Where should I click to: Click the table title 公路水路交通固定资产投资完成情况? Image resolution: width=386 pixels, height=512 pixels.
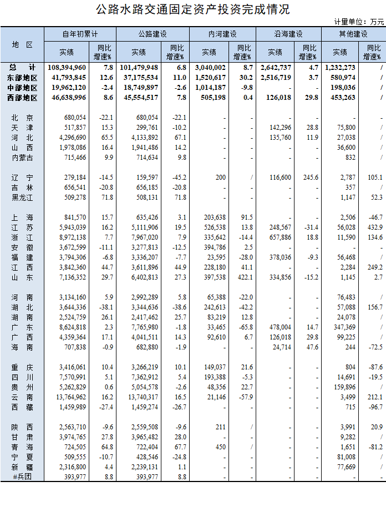point(192,9)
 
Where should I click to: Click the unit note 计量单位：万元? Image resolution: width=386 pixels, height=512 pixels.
point(359,22)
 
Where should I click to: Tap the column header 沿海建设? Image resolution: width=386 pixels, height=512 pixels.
point(288,34)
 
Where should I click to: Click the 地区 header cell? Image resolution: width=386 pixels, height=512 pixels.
point(22,44)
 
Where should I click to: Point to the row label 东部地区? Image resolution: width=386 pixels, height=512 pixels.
point(22,77)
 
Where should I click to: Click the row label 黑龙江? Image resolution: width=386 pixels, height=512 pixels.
point(22,197)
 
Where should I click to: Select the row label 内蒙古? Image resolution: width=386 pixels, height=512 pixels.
point(22,158)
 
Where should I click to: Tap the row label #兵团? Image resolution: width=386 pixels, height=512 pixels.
point(22,492)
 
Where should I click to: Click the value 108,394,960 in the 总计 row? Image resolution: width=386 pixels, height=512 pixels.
point(67,67)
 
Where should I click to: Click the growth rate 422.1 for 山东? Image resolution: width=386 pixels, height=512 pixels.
point(244,277)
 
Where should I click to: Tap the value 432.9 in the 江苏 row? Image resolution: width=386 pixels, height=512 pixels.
point(374,227)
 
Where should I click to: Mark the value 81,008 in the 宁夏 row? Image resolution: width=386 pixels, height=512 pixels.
point(347,472)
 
